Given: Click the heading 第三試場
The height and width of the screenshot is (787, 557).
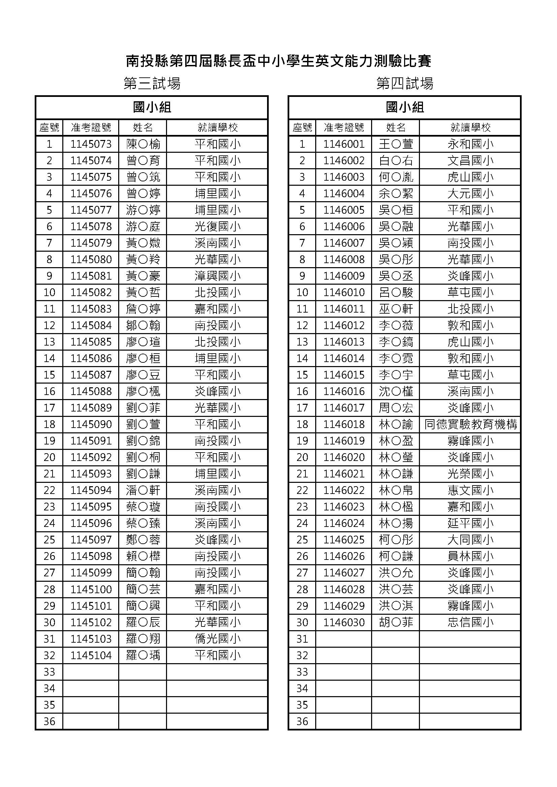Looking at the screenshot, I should click(x=152, y=83).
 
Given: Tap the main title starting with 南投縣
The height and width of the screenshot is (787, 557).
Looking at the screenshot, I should click(x=278, y=61).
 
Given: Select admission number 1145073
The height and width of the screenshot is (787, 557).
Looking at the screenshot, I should click(x=91, y=144).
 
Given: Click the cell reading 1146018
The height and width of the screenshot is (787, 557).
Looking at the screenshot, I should click(x=344, y=424).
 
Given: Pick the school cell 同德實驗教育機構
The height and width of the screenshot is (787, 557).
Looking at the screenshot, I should click(x=470, y=424).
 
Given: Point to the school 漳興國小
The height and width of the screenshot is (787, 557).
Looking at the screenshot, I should click(x=218, y=276).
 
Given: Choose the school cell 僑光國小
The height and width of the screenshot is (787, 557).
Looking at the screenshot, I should click(x=218, y=639).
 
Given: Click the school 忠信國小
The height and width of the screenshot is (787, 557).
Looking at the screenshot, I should click(x=470, y=622).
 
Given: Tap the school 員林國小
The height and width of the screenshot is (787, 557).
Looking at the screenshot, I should click(x=470, y=556).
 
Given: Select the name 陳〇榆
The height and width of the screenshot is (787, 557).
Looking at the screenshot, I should click(x=143, y=144).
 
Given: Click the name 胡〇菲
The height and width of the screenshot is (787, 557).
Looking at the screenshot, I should click(x=396, y=622).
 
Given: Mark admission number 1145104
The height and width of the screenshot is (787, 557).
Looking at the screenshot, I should click(x=91, y=655).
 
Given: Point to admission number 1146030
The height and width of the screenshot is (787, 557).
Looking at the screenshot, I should click(x=344, y=622).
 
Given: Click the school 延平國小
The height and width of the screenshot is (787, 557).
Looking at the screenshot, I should click(x=470, y=523).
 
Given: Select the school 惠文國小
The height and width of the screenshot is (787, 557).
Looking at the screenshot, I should click(x=470, y=490).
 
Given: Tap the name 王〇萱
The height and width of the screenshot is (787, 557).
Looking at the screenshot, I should click(x=396, y=144).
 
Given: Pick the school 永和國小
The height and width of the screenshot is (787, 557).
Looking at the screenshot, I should click(x=470, y=144).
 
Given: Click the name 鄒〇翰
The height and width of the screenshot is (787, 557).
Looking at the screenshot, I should click(x=143, y=325).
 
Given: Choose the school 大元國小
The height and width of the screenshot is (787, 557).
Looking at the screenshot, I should click(x=470, y=194).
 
